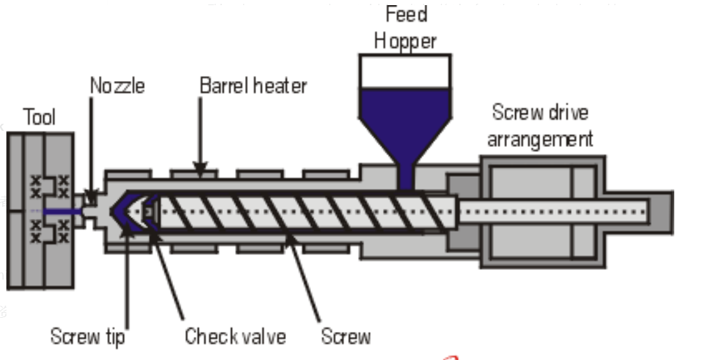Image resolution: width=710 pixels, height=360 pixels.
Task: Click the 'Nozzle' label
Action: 117,86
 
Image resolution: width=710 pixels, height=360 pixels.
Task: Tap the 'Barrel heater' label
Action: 253,86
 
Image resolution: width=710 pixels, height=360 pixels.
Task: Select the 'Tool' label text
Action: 39,117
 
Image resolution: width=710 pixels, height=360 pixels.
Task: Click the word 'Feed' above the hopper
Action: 406,14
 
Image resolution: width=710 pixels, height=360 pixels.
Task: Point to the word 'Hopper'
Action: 405,41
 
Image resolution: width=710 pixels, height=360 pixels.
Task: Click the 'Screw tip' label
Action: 87,336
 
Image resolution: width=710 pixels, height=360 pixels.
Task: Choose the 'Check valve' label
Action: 235,336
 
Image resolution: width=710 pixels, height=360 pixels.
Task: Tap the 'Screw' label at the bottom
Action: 345,336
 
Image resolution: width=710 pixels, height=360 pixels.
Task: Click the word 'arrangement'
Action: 540,138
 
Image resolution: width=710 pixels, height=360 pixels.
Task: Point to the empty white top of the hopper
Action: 405,70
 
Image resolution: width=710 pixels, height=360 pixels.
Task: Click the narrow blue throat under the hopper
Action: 405,176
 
